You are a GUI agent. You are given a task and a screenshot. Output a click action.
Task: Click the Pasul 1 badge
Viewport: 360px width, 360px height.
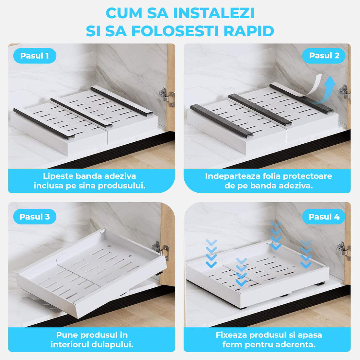point(34,56)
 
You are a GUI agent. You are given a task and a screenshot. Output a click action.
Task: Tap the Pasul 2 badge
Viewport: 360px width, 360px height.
point(324,56)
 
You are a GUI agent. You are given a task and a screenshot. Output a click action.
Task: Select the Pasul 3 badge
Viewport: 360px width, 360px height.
point(34,217)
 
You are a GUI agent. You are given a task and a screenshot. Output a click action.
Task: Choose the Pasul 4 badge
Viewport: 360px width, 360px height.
point(324,217)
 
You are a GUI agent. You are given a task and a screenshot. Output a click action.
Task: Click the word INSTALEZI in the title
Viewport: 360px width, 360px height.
point(214,13)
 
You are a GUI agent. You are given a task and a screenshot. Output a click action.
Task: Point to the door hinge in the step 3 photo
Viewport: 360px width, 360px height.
point(161,250)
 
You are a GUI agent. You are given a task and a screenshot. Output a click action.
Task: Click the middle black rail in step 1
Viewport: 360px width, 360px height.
point(81,112)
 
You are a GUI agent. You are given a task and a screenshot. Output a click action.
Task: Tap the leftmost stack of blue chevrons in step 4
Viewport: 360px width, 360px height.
point(211,254)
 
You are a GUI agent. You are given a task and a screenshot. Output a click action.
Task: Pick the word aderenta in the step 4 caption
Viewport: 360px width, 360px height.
point(295,345)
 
